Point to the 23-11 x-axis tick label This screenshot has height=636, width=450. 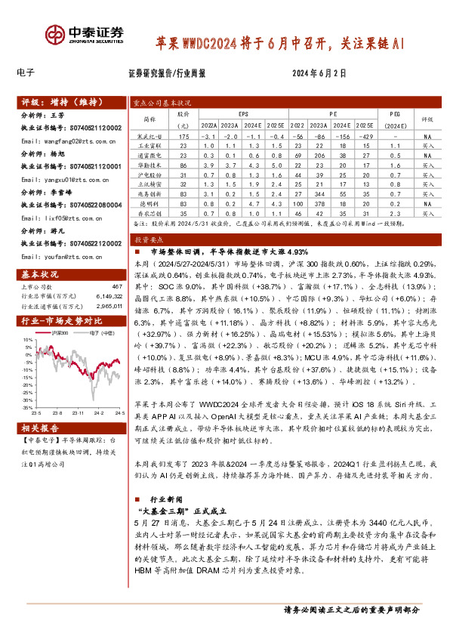(78, 413)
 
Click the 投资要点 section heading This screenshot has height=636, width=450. (151, 236)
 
